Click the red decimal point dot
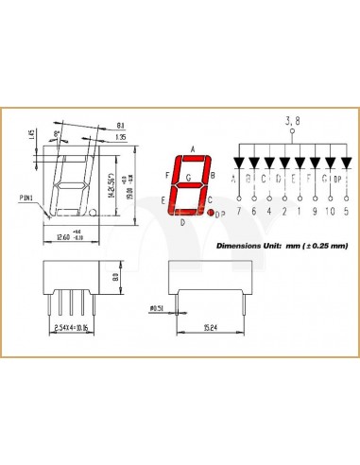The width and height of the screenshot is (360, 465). (x=213, y=215)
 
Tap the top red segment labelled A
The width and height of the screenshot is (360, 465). (x=193, y=157)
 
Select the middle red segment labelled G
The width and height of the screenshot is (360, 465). (x=190, y=184)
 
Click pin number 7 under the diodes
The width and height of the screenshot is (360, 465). (x=239, y=211)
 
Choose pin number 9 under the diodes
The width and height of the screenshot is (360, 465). (x=311, y=211)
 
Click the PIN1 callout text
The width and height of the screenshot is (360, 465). (x=26, y=198)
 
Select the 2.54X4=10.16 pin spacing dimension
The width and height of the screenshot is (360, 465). (x=73, y=328)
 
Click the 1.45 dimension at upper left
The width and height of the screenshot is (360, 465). (x=31, y=137)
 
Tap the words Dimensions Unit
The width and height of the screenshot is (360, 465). (x=249, y=246)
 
